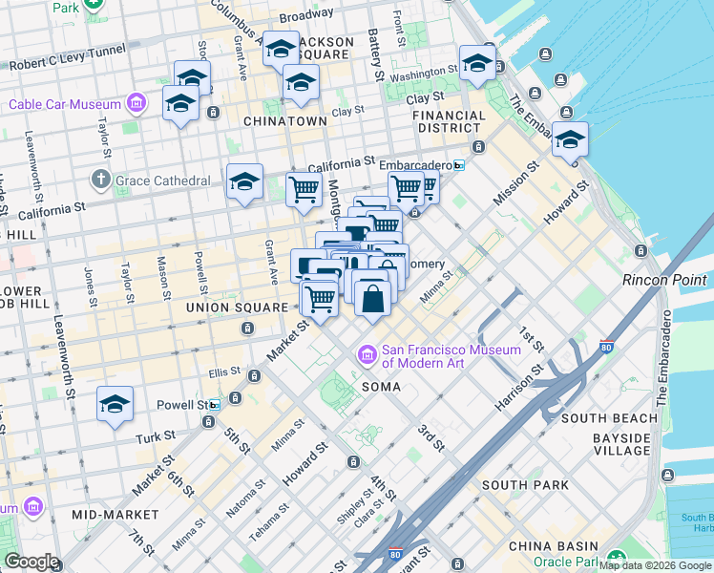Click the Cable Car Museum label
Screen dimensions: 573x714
(x=64, y=104)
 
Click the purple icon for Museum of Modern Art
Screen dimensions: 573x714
(x=367, y=355)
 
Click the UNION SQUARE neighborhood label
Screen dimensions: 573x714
(x=237, y=308)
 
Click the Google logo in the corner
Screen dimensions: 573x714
(x=31, y=562)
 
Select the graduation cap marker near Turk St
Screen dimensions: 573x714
(x=115, y=405)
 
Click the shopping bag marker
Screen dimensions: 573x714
(x=371, y=298)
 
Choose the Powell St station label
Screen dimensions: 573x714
(x=189, y=405)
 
